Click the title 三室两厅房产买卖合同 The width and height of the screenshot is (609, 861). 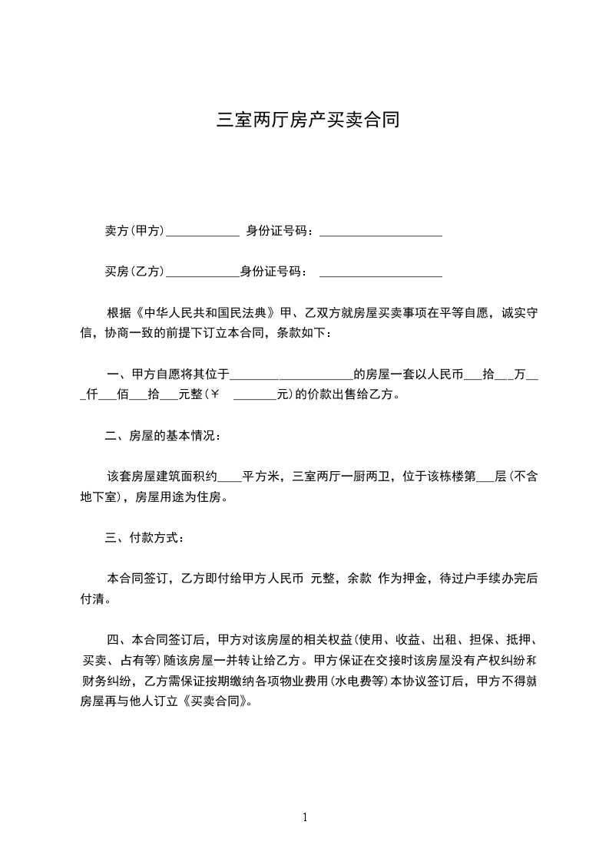tap(308, 120)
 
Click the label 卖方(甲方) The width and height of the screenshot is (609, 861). tap(134, 230)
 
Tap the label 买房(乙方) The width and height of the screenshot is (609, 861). tap(134, 271)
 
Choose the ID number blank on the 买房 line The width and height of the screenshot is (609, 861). tap(380, 274)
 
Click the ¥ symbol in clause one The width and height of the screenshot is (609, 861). tap(215, 396)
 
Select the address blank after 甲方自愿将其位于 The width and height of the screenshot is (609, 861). tap(291, 378)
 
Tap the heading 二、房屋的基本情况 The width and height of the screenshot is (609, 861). tap(163, 437)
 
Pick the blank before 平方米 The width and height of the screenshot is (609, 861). tap(230, 480)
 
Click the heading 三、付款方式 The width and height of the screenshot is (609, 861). tap(144, 537)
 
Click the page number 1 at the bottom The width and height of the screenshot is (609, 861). tap(305, 817)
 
